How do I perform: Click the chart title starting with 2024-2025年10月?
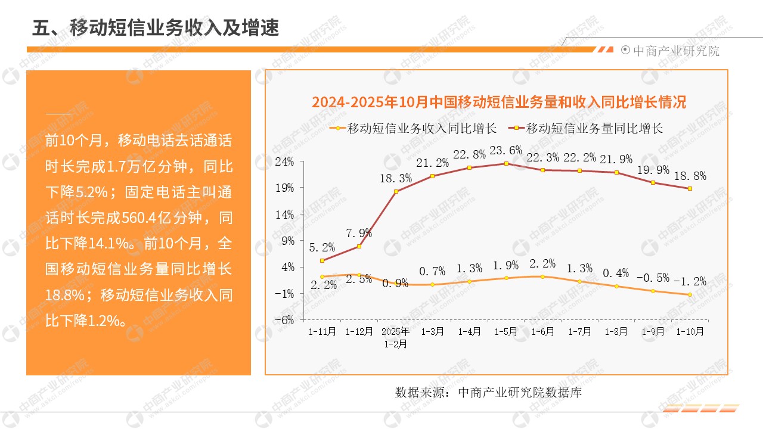(x=499, y=102)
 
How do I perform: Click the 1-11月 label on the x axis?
(x=322, y=331)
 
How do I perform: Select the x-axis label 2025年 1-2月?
(x=396, y=337)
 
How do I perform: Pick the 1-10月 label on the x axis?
(x=690, y=331)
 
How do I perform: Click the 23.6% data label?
(x=505, y=150)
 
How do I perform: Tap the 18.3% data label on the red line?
(x=396, y=178)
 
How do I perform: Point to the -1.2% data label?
(x=690, y=281)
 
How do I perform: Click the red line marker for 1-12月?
(x=359, y=246)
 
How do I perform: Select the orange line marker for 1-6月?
(x=542, y=276)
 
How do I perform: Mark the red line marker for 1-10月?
(x=690, y=188)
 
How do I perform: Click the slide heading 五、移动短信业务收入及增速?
(x=156, y=27)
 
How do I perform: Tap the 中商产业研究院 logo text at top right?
(x=676, y=51)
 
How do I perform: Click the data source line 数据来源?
(x=488, y=393)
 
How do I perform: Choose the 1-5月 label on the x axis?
(x=506, y=331)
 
